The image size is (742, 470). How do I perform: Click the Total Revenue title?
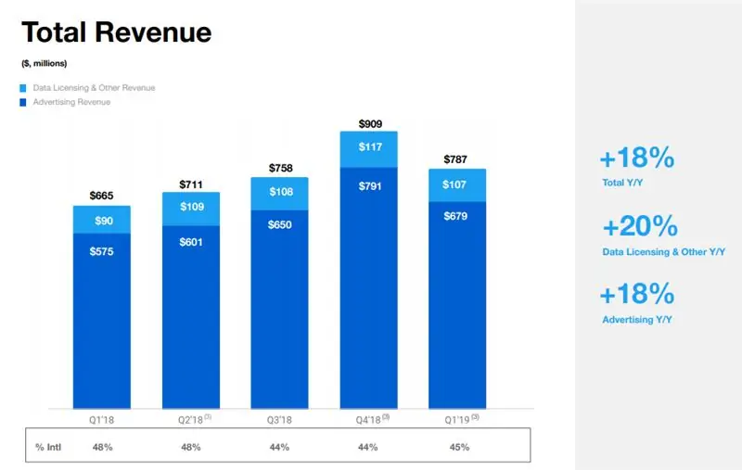[x=116, y=33]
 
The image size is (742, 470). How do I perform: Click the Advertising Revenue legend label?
[x=71, y=102]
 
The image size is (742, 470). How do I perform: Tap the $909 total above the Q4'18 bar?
[x=369, y=124]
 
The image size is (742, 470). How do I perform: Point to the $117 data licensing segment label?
[x=369, y=147]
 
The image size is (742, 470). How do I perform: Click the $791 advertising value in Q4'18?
[x=369, y=184]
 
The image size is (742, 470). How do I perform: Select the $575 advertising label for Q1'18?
[x=102, y=252]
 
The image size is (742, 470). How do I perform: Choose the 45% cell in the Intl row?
[x=458, y=447]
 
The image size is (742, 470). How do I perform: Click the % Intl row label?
[x=47, y=447]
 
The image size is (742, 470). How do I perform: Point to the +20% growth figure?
[x=639, y=226]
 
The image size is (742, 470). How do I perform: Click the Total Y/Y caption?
[x=621, y=184]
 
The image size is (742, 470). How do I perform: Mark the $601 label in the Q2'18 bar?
[x=191, y=243]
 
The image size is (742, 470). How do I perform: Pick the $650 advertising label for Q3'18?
[x=280, y=225]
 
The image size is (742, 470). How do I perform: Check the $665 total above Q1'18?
[x=102, y=196]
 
